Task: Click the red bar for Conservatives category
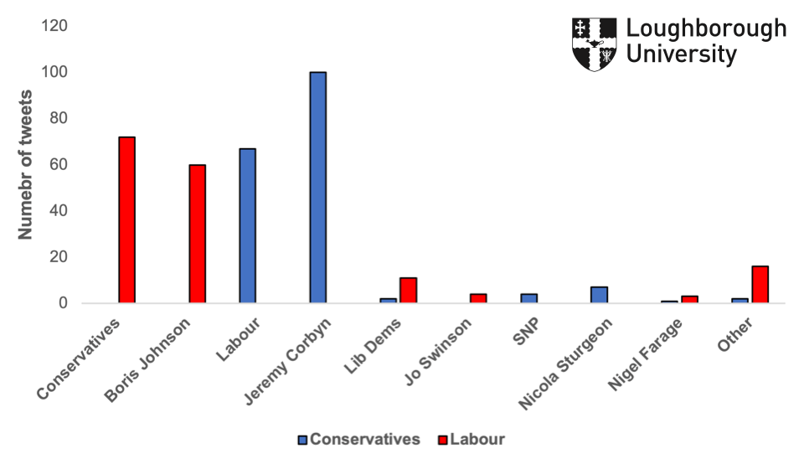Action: point(126,219)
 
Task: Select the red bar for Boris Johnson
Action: point(197,234)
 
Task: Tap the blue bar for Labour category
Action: point(247,226)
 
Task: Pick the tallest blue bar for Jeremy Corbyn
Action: point(317,188)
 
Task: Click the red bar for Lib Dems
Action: point(408,290)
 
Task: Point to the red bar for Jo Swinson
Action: point(478,298)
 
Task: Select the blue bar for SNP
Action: point(528,298)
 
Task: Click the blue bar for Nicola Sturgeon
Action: point(599,295)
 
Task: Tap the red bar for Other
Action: point(760,285)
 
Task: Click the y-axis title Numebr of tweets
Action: point(26,165)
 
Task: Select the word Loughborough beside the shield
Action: point(706,29)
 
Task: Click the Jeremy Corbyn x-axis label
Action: point(290,361)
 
